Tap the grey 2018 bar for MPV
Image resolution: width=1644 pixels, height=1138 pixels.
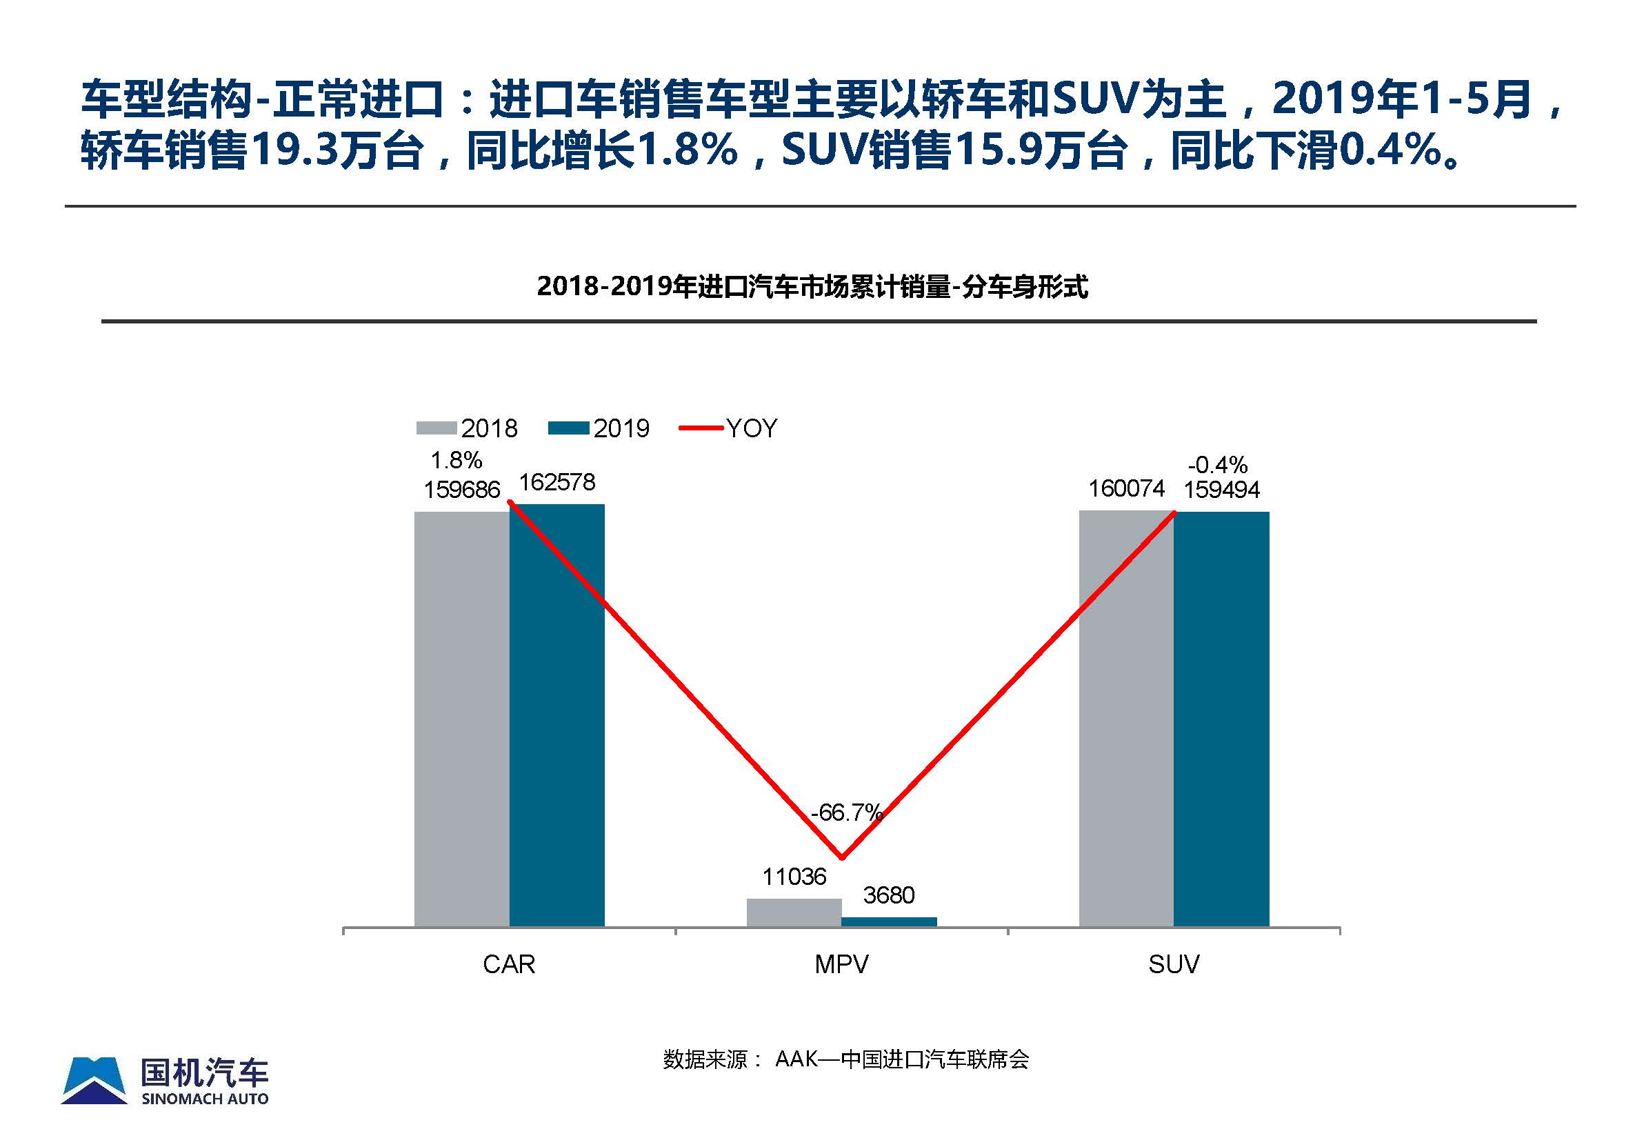(794, 912)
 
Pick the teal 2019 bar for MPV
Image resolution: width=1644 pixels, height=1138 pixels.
(889, 921)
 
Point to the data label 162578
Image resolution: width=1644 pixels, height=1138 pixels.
(557, 483)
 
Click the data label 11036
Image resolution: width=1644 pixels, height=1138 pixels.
(794, 877)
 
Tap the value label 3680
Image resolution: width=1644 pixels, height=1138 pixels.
(888, 895)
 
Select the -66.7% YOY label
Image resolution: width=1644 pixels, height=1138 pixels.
(846, 812)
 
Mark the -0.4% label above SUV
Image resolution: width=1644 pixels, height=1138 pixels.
(1218, 465)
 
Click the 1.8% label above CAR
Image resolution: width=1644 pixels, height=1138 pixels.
(457, 460)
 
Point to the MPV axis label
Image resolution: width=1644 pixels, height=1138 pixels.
(841, 964)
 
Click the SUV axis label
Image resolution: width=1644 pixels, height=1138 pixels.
(1174, 964)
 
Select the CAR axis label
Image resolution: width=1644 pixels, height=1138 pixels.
(509, 964)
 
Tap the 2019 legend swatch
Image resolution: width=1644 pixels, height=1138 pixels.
(568, 428)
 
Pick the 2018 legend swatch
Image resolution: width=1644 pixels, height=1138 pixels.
(437, 428)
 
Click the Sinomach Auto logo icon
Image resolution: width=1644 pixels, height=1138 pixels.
(94, 1080)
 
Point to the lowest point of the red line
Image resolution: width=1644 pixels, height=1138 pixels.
(842, 858)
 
